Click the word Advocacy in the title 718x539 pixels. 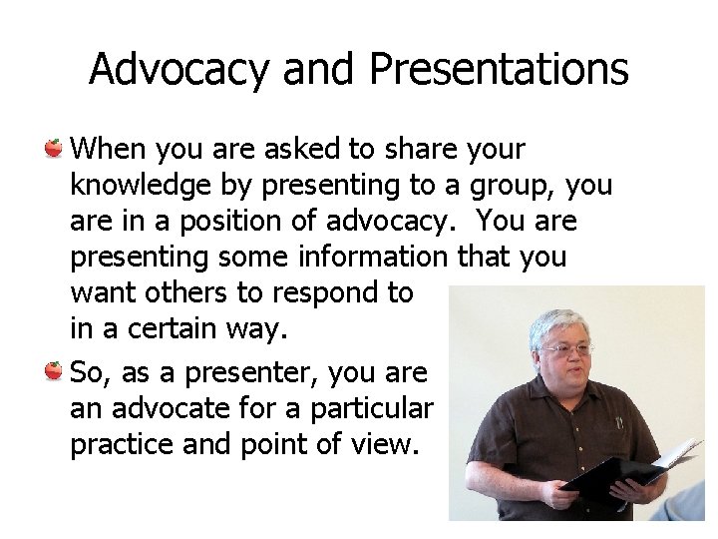coord(179,70)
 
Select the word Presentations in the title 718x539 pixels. coord(499,70)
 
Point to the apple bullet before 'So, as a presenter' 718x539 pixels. coord(55,372)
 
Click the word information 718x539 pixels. coord(373,257)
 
